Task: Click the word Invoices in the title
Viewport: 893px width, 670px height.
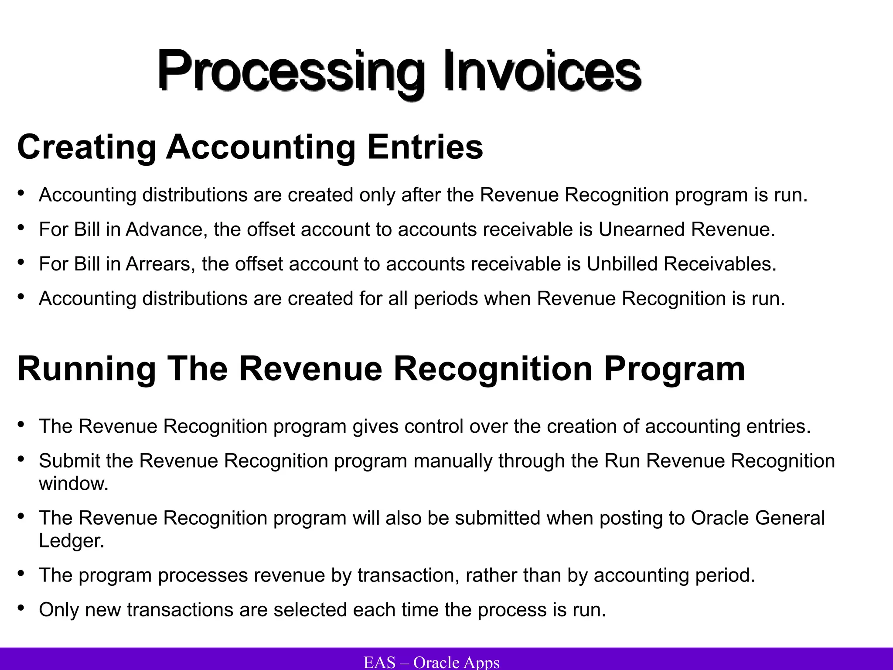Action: pos(542,71)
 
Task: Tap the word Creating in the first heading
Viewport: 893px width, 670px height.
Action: pos(86,147)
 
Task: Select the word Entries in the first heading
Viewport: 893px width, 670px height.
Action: pos(425,147)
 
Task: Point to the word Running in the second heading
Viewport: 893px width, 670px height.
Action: pos(86,369)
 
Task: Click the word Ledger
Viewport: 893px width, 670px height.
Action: pos(72,541)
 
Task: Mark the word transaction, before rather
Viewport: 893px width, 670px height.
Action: pos(409,575)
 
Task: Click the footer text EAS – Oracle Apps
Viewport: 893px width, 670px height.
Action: pos(431,662)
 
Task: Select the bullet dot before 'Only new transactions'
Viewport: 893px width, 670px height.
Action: pos(21,608)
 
